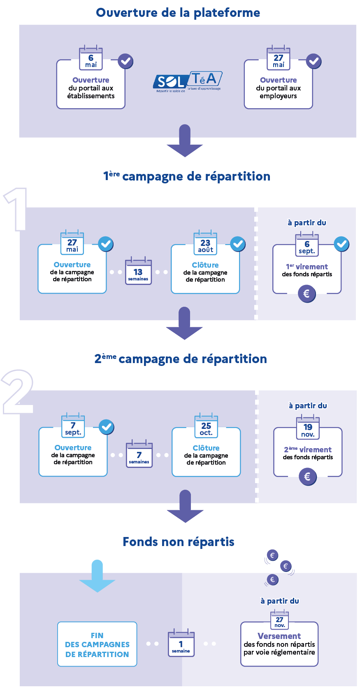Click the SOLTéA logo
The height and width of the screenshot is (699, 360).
187,81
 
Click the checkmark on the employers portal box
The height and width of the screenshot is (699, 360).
314,61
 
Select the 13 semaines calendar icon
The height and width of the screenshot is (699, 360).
138,271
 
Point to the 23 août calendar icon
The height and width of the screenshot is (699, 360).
205,243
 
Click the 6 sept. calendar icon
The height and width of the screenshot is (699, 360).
307,244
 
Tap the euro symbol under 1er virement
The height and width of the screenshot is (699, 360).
307,294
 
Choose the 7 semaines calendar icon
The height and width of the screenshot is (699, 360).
139,454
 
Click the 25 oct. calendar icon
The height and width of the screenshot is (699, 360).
206,425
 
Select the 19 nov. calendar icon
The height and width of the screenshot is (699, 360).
308,427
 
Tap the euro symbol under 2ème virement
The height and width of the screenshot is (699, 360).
308,477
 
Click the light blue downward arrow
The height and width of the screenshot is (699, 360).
97,576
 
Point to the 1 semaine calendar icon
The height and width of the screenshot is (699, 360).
181,643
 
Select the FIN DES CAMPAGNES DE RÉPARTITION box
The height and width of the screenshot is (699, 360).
97,644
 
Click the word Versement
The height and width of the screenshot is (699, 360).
279,636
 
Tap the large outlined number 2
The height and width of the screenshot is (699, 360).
17,392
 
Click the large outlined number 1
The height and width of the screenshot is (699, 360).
16,209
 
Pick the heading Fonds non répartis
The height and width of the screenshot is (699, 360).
178,542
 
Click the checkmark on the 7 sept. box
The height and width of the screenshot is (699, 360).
107,427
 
